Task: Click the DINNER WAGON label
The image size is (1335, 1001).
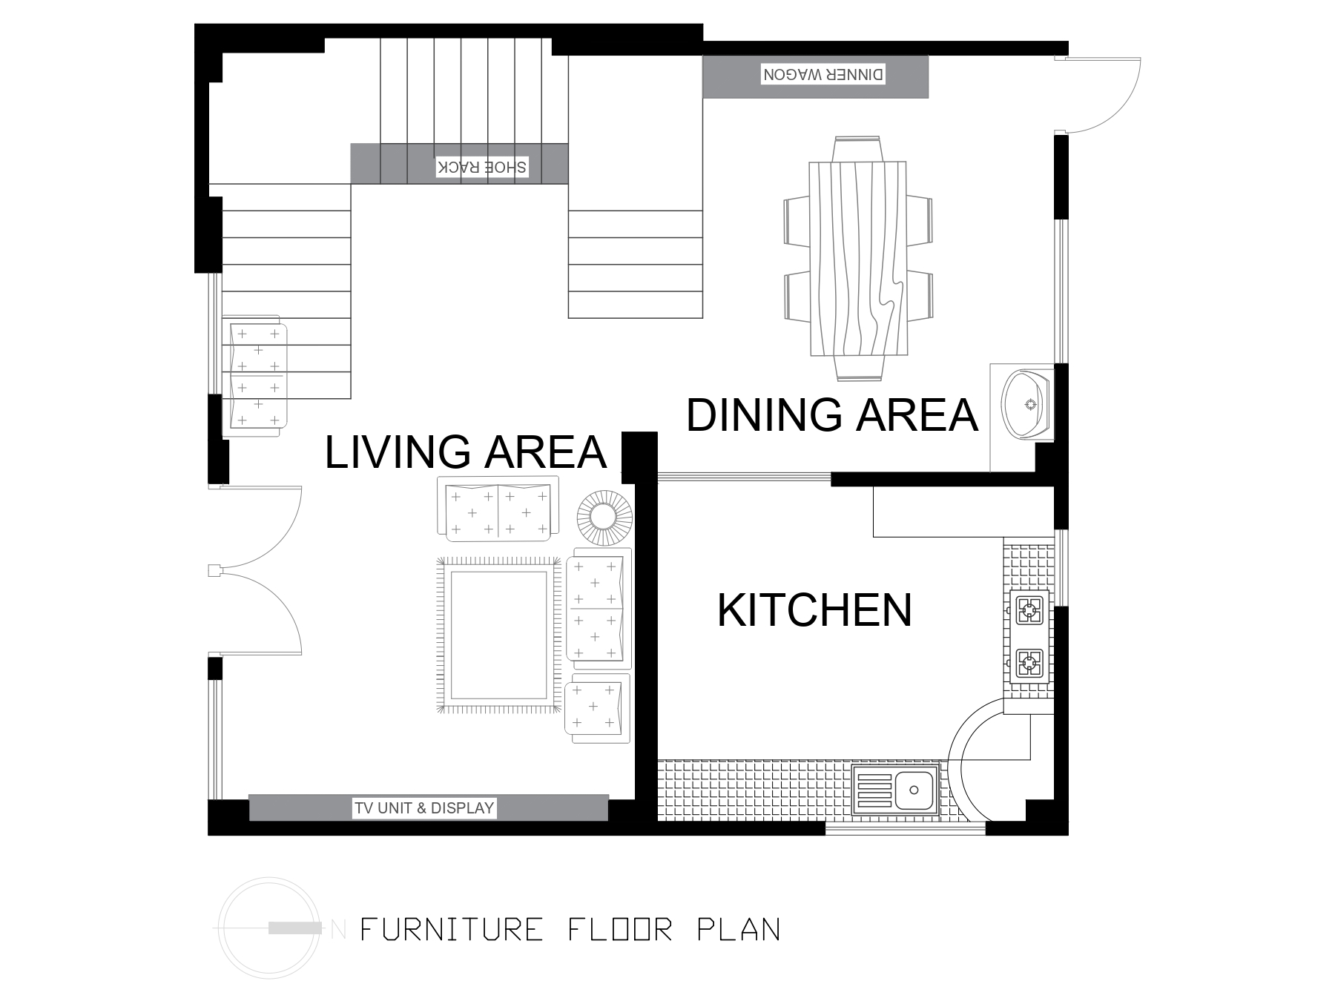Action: [823, 74]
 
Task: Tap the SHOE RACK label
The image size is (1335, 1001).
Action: [482, 167]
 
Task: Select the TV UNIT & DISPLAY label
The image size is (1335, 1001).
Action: [424, 807]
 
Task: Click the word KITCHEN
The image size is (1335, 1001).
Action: [814, 610]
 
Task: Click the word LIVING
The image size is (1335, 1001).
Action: [398, 452]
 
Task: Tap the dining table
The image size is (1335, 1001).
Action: [858, 258]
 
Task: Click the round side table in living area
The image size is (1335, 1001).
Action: [604, 517]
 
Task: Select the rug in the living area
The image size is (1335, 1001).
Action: [498, 635]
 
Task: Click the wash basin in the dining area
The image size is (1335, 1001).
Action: [1026, 404]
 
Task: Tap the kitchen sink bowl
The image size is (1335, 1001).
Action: [914, 790]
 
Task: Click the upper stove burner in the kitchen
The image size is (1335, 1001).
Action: [1029, 611]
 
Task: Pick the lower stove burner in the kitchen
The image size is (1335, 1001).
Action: [1029, 663]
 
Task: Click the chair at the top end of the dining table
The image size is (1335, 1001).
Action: [857, 148]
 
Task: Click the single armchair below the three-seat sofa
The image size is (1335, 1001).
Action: [598, 708]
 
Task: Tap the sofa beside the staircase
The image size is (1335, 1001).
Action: [254, 375]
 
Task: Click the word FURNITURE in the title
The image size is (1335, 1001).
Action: [452, 929]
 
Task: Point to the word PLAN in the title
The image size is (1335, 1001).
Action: [739, 929]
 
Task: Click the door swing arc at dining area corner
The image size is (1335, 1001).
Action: [1121, 112]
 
